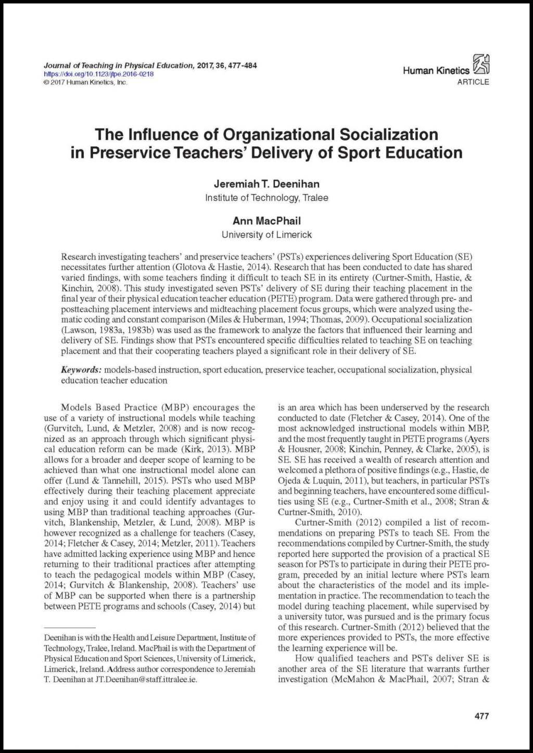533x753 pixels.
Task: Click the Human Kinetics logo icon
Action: click(481, 65)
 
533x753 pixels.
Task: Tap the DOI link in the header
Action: click(98, 74)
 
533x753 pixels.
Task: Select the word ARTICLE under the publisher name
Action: click(473, 82)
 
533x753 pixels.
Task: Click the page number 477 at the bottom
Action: click(481, 716)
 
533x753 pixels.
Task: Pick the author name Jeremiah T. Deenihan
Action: click(266, 184)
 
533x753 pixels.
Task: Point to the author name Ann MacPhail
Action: click(266, 221)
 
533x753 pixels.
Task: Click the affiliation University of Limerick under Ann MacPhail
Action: click(266, 235)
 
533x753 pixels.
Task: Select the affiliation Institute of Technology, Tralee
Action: click(266, 198)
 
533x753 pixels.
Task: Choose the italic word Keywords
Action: click(81, 370)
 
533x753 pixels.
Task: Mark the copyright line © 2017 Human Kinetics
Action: click(85, 82)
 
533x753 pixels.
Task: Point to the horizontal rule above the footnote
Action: click(70, 628)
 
